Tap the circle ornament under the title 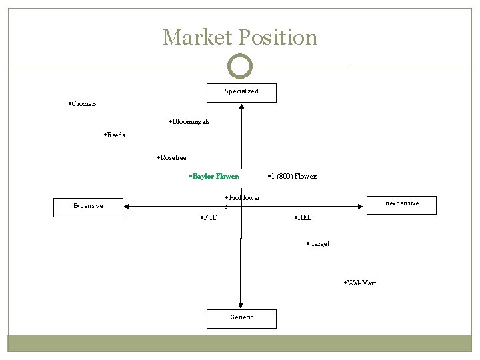pyautogui.click(x=240, y=67)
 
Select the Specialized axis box pyautogui.click(x=241, y=92)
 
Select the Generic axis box pyautogui.click(x=241, y=318)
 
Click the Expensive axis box pyautogui.click(x=88, y=207)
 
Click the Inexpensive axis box pyautogui.click(x=401, y=204)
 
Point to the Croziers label pyautogui.click(x=83, y=104)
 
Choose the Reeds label pyautogui.click(x=115, y=135)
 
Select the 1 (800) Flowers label pyautogui.click(x=293, y=177)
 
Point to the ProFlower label pyautogui.click(x=243, y=198)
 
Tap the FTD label pyautogui.click(x=209, y=218)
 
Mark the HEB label pyautogui.click(x=303, y=218)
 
